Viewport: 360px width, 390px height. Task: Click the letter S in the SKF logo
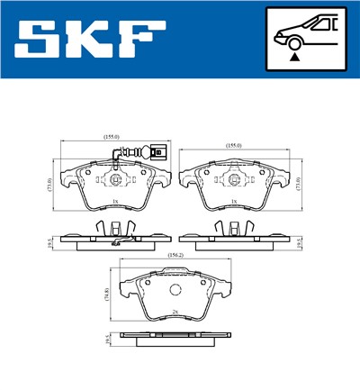tap(37, 41)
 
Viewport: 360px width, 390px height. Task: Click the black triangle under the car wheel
tap(293, 56)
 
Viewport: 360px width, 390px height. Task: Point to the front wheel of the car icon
tap(293, 41)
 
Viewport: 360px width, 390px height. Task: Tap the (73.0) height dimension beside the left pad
tap(49, 186)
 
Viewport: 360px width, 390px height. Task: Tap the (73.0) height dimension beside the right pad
tap(300, 184)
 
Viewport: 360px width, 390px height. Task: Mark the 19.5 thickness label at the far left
tap(50, 241)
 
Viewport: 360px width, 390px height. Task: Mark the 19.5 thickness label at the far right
tap(300, 241)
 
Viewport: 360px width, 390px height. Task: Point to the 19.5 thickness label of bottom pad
tap(106, 340)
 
